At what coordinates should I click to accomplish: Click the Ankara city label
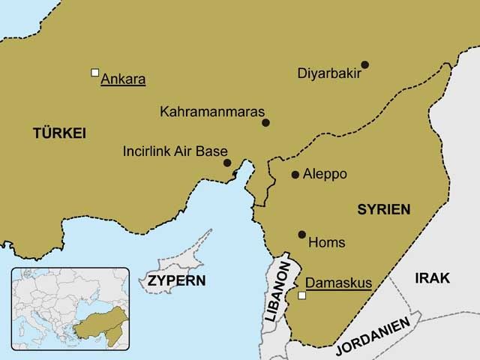click(123, 78)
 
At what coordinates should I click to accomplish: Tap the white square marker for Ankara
click(94, 72)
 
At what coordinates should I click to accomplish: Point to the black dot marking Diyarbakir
click(365, 64)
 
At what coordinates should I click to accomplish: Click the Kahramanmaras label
click(212, 112)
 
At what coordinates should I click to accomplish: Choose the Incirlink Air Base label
click(175, 151)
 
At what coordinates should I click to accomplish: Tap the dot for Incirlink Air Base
click(227, 163)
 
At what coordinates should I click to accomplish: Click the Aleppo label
click(325, 174)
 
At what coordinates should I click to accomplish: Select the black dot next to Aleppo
click(295, 175)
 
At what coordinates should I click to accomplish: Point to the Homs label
click(327, 243)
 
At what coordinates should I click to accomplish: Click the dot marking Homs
click(302, 235)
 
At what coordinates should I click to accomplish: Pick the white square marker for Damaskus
click(302, 296)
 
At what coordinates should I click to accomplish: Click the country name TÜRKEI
click(60, 133)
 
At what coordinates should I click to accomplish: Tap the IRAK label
click(433, 278)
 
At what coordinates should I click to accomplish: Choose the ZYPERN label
click(176, 281)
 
